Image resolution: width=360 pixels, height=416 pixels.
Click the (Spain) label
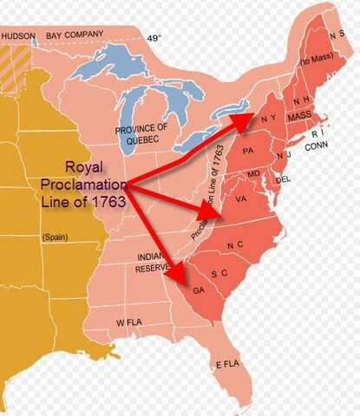(x=56, y=236)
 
